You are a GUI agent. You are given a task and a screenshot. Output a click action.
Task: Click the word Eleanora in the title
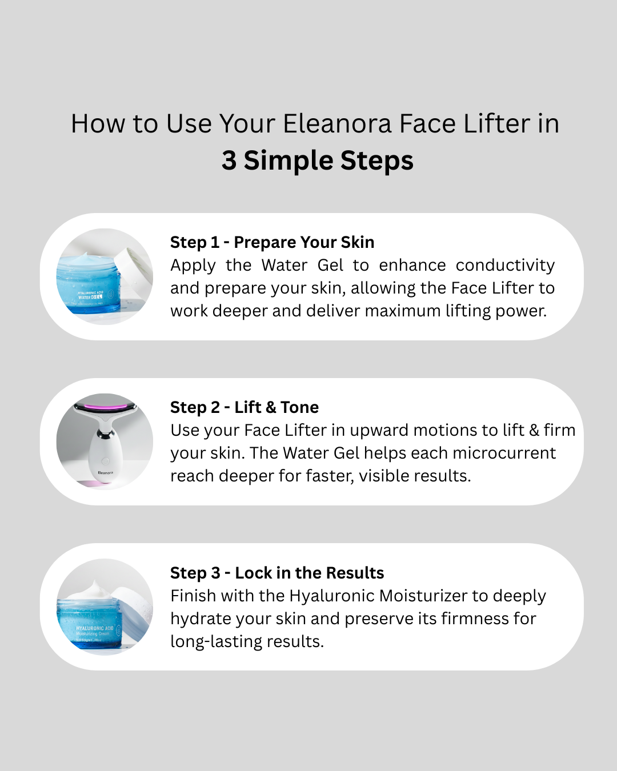tap(337, 124)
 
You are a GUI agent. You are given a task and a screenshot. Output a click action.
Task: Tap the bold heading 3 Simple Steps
tap(317, 160)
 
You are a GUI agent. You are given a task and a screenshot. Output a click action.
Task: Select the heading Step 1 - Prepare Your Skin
tap(272, 242)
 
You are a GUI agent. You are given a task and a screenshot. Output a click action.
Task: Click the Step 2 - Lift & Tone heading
tap(245, 407)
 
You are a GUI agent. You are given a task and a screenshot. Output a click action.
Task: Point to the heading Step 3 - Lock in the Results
tap(277, 573)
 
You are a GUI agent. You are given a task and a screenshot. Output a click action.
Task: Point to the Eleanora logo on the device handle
tap(105, 472)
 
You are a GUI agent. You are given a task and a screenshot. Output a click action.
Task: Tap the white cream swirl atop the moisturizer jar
tap(91, 589)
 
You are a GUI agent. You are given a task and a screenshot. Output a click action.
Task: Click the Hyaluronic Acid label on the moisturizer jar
tap(95, 628)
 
